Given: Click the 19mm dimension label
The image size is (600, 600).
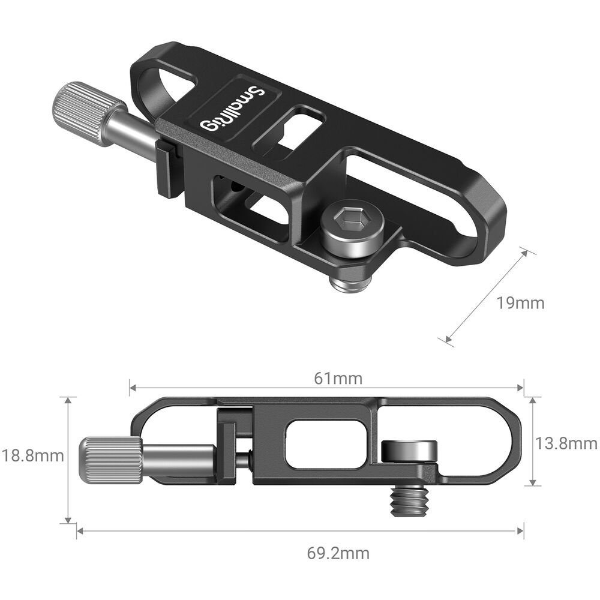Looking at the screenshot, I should (520, 303).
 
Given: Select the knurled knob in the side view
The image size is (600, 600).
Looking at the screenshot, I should (110, 460).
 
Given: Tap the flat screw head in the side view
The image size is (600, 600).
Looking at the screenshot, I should (410, 449).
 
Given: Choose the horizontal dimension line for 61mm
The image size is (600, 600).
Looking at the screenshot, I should (240, 388).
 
